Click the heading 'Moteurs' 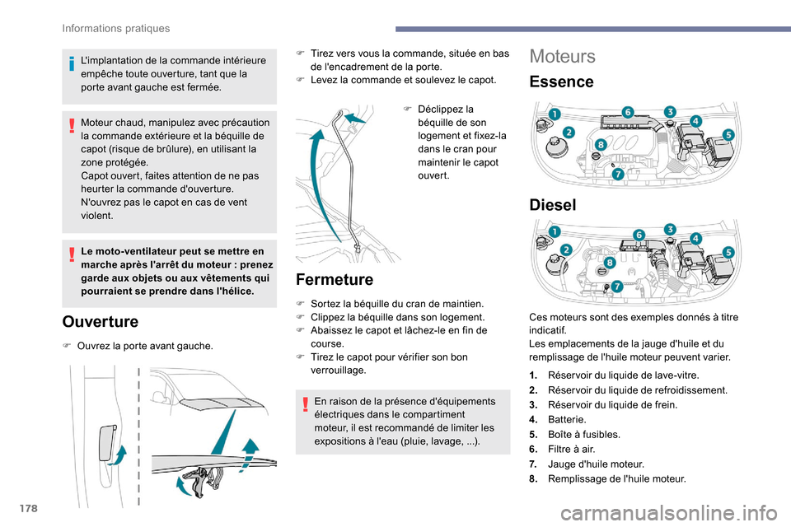click(563, 56)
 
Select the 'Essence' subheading click(561, 82)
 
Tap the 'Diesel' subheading click(555, 204)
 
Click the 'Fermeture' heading click(334, 279)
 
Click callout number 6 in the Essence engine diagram click(627, 111)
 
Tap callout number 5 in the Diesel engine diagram click(728, 252)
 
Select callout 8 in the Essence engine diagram click(600, 145)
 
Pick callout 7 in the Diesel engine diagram click(615, 287)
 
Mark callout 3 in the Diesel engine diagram click(671, 229)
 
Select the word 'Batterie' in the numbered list click(567, 419)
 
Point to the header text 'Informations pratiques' click(116, 28)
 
